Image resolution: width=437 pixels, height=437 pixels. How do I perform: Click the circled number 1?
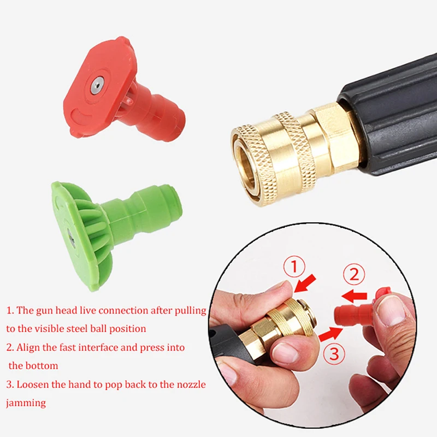pos(294,268)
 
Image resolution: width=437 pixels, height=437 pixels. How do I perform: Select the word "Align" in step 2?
pos(28,347)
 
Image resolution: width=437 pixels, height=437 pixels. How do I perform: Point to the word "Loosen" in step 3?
pos(33,385)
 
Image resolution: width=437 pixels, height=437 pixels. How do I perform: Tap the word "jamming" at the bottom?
pos(26,403)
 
